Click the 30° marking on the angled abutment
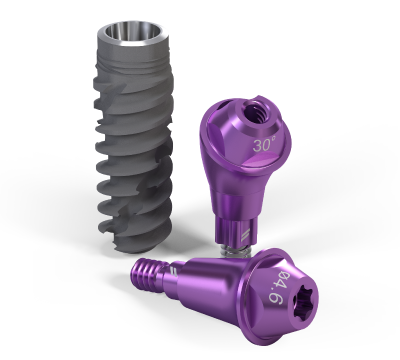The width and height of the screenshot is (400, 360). click(264, 145)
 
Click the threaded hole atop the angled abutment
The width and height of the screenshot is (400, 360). click(254, 112)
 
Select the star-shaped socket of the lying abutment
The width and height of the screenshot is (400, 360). click(301, 302)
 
